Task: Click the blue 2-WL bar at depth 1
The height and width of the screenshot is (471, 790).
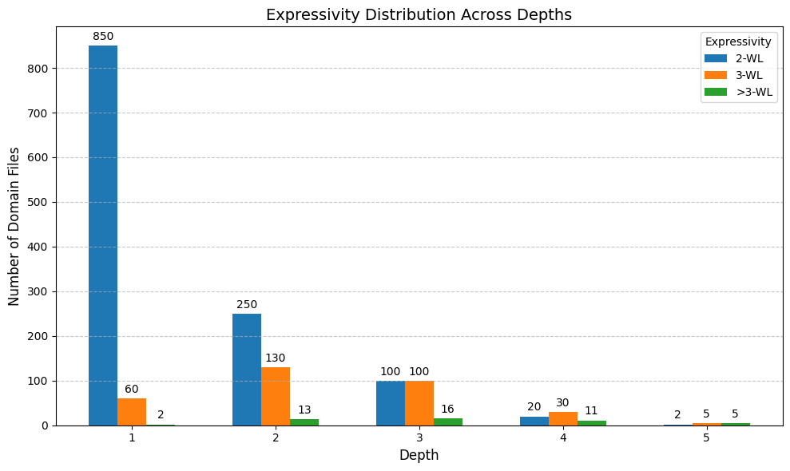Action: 103,235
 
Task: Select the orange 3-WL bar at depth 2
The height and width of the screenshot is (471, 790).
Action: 276,396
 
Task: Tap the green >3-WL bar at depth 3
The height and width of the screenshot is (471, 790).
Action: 448,422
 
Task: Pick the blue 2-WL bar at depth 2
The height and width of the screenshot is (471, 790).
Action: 247,370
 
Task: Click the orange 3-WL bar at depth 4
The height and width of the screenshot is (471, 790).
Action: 563,418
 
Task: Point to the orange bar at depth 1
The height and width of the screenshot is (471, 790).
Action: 132,412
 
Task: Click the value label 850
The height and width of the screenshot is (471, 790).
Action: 103,37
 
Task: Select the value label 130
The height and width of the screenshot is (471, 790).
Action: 276,358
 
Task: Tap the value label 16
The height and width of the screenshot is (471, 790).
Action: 448,410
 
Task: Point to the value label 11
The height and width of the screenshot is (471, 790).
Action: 592,411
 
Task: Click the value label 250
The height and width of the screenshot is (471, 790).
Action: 247,305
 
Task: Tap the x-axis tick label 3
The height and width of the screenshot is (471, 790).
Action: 419,438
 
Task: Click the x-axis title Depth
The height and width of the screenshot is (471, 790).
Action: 419,456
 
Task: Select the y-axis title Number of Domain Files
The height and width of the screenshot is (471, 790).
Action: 14,226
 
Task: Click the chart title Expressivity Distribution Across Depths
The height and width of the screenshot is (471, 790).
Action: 419,14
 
